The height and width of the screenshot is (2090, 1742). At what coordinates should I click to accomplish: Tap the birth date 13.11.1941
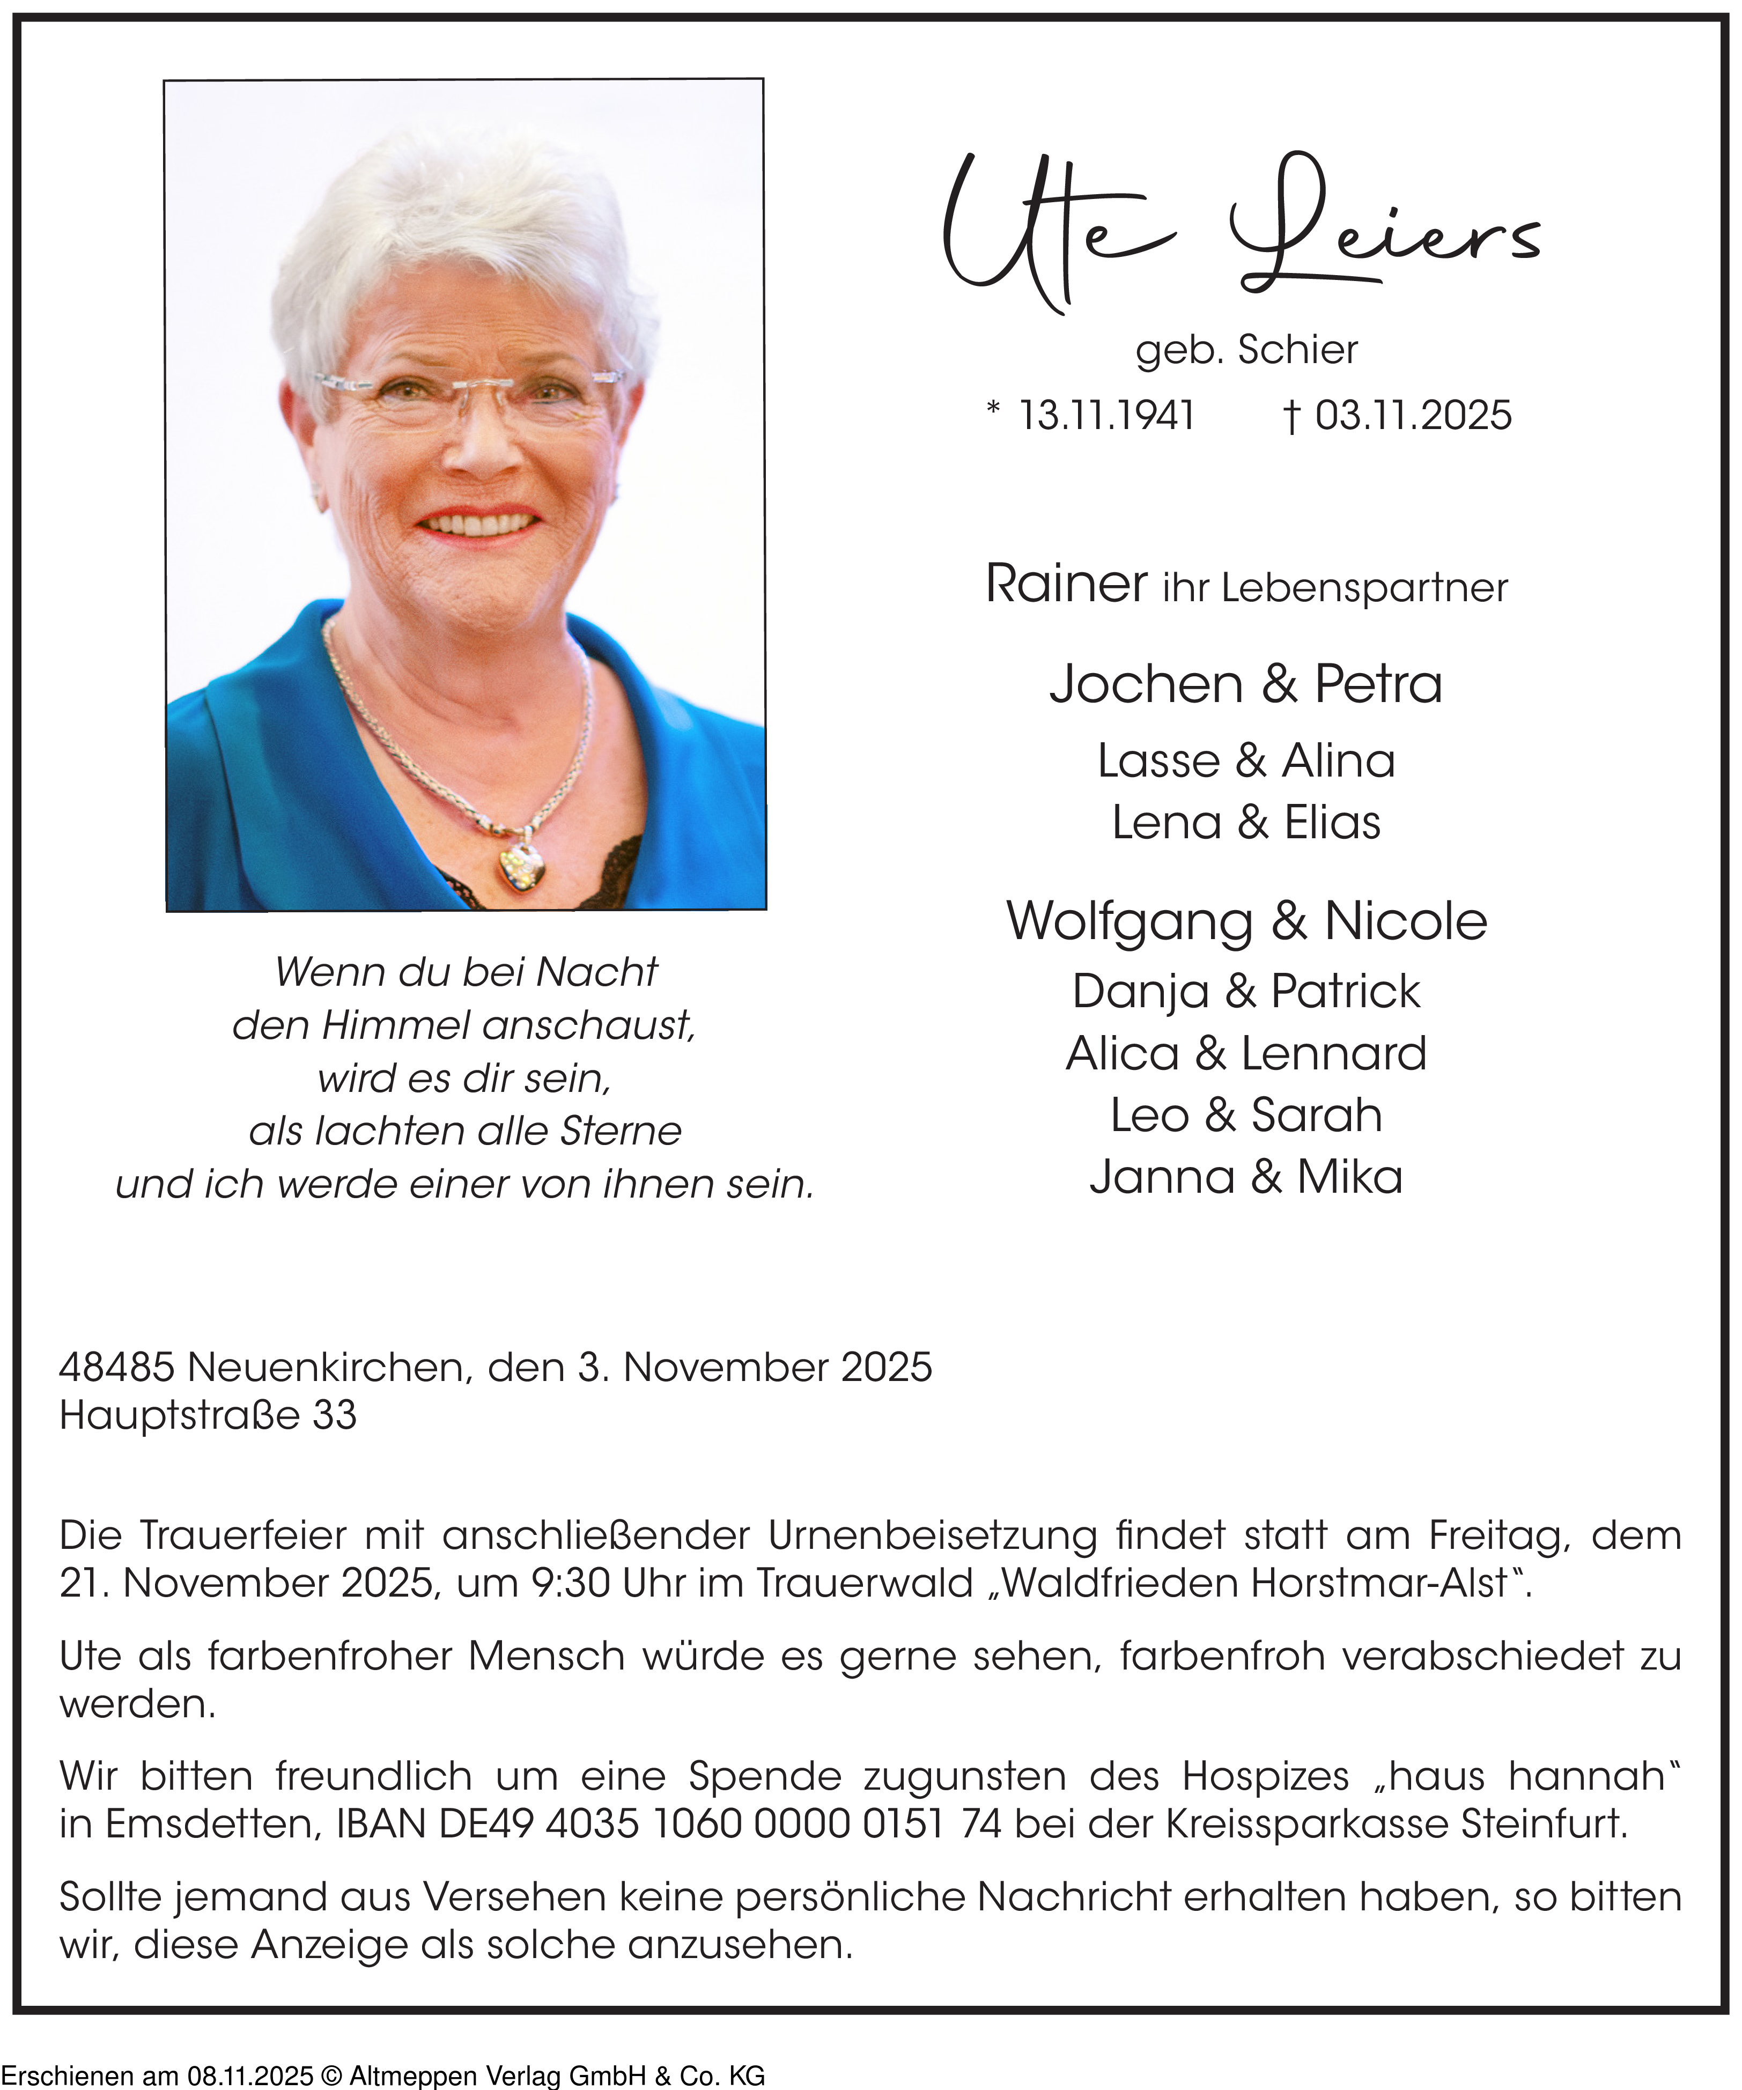(x=1106, y=415)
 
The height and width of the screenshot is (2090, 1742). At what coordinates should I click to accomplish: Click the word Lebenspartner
(x=1364, y=588)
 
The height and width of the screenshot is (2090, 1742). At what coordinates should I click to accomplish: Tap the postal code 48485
(x=116, y=1368)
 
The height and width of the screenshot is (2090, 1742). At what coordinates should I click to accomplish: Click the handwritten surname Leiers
(x=1384, y=234)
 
